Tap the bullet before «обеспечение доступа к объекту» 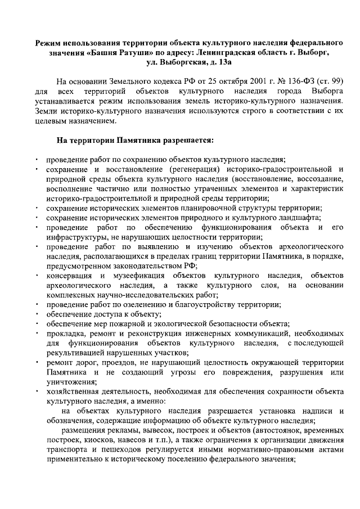pyautogui.click(x=36, y=315)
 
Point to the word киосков pyautogui.click(x=92, y=441)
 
